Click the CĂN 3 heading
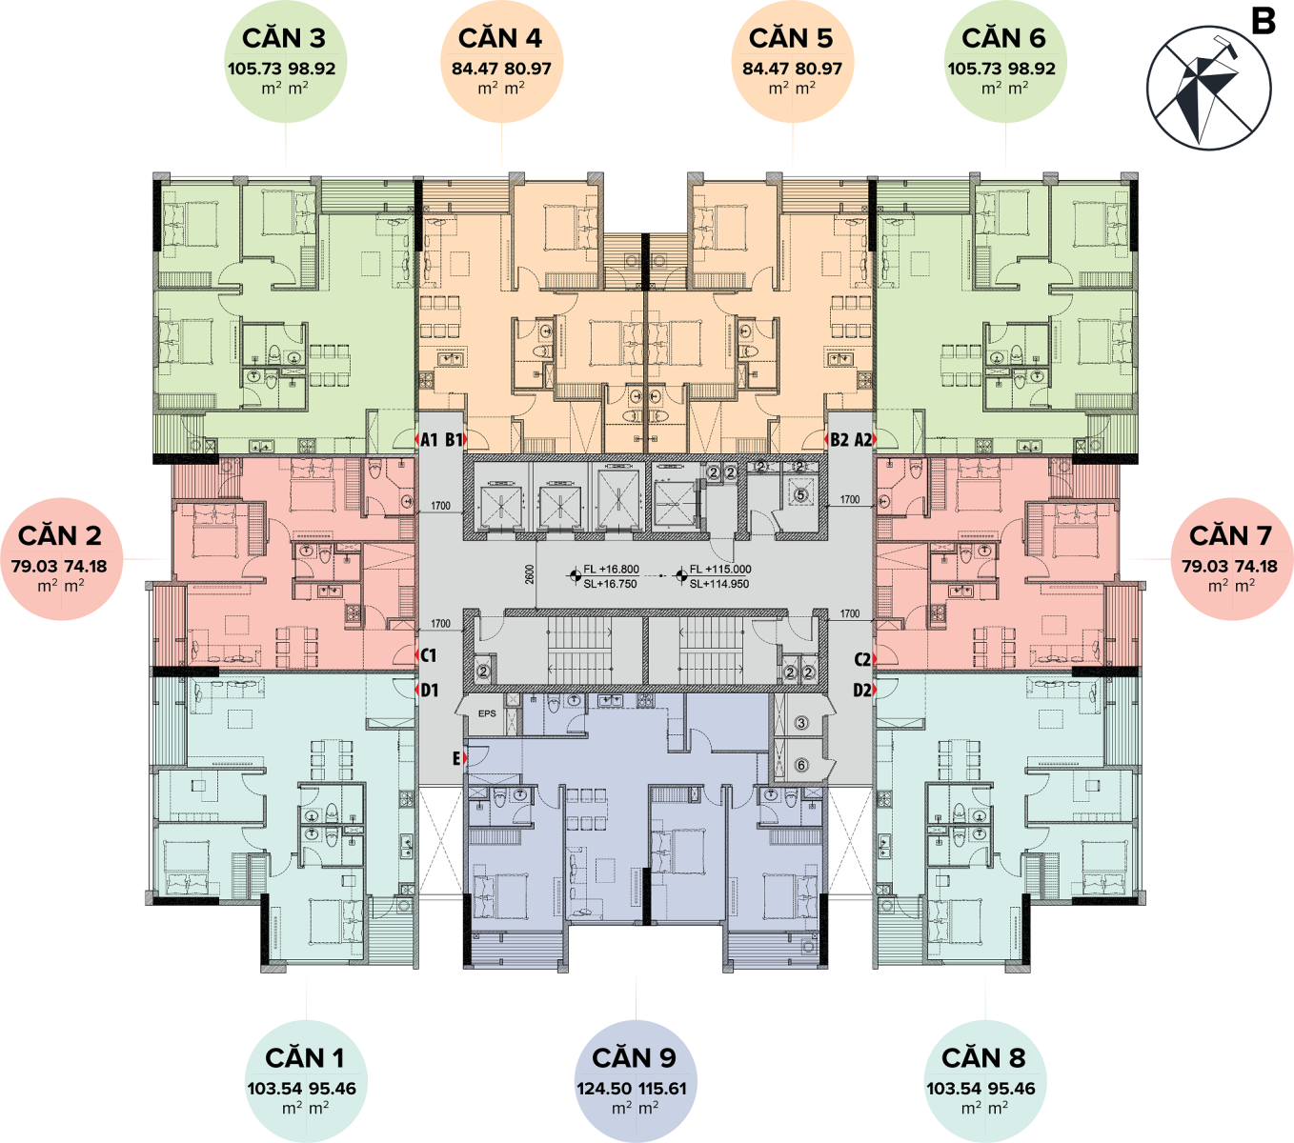tap(284, 38)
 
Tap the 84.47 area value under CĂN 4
tap(475, 69)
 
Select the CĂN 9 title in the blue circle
tap(634, 1058)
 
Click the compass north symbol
tap(1208, 89)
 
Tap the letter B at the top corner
tap(1263, 21)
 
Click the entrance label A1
tap(429, 439)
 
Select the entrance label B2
tap(839, 439)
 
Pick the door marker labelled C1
tap(428, 655)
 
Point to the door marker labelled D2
tap(862, 690)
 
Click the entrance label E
tap(456, 758)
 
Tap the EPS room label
tap(487, 713)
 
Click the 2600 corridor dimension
tap(530, 574)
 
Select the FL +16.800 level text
tap(611, 569)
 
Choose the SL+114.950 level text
tap(719, 584)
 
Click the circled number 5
tap(800, 494)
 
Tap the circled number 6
tap(801, 765)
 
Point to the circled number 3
tap(801, 723)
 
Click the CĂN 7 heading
tap(1230, 535)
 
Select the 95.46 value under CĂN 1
tap(333, 1088)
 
